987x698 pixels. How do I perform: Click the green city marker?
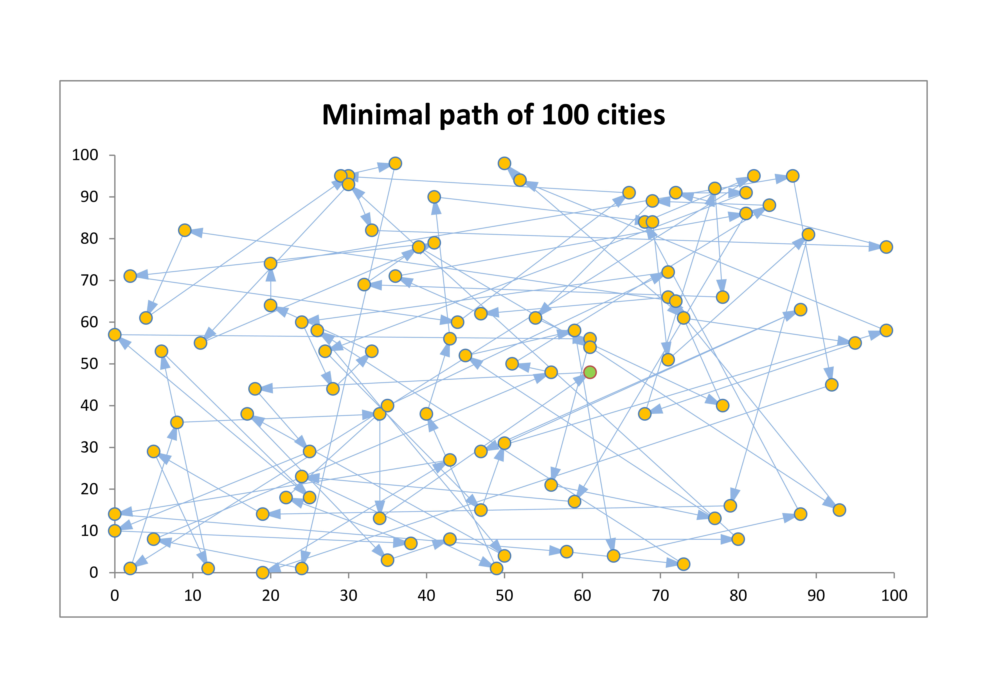pyautogui.click(x=590, y=372)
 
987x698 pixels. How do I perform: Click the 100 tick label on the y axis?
pyautogui.click(x=85, y=155)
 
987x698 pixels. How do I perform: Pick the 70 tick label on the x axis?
pyautogui.click(x=660, y=596)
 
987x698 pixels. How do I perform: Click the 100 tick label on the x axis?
pyautogui.click(x=894, y=596)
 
